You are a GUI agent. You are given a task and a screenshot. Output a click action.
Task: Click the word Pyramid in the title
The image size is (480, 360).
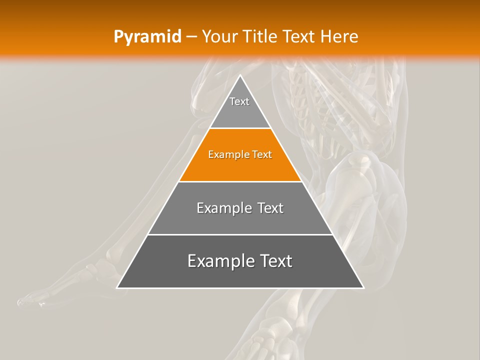(147, 37)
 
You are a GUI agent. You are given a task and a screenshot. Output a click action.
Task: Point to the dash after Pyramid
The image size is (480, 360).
(191, 37)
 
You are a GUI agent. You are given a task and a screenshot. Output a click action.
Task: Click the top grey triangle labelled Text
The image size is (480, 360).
(239, 107)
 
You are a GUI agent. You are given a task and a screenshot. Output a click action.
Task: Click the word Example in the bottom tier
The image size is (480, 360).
(216, 261)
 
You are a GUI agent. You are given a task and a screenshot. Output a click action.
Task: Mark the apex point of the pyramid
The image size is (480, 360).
(240, 75)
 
